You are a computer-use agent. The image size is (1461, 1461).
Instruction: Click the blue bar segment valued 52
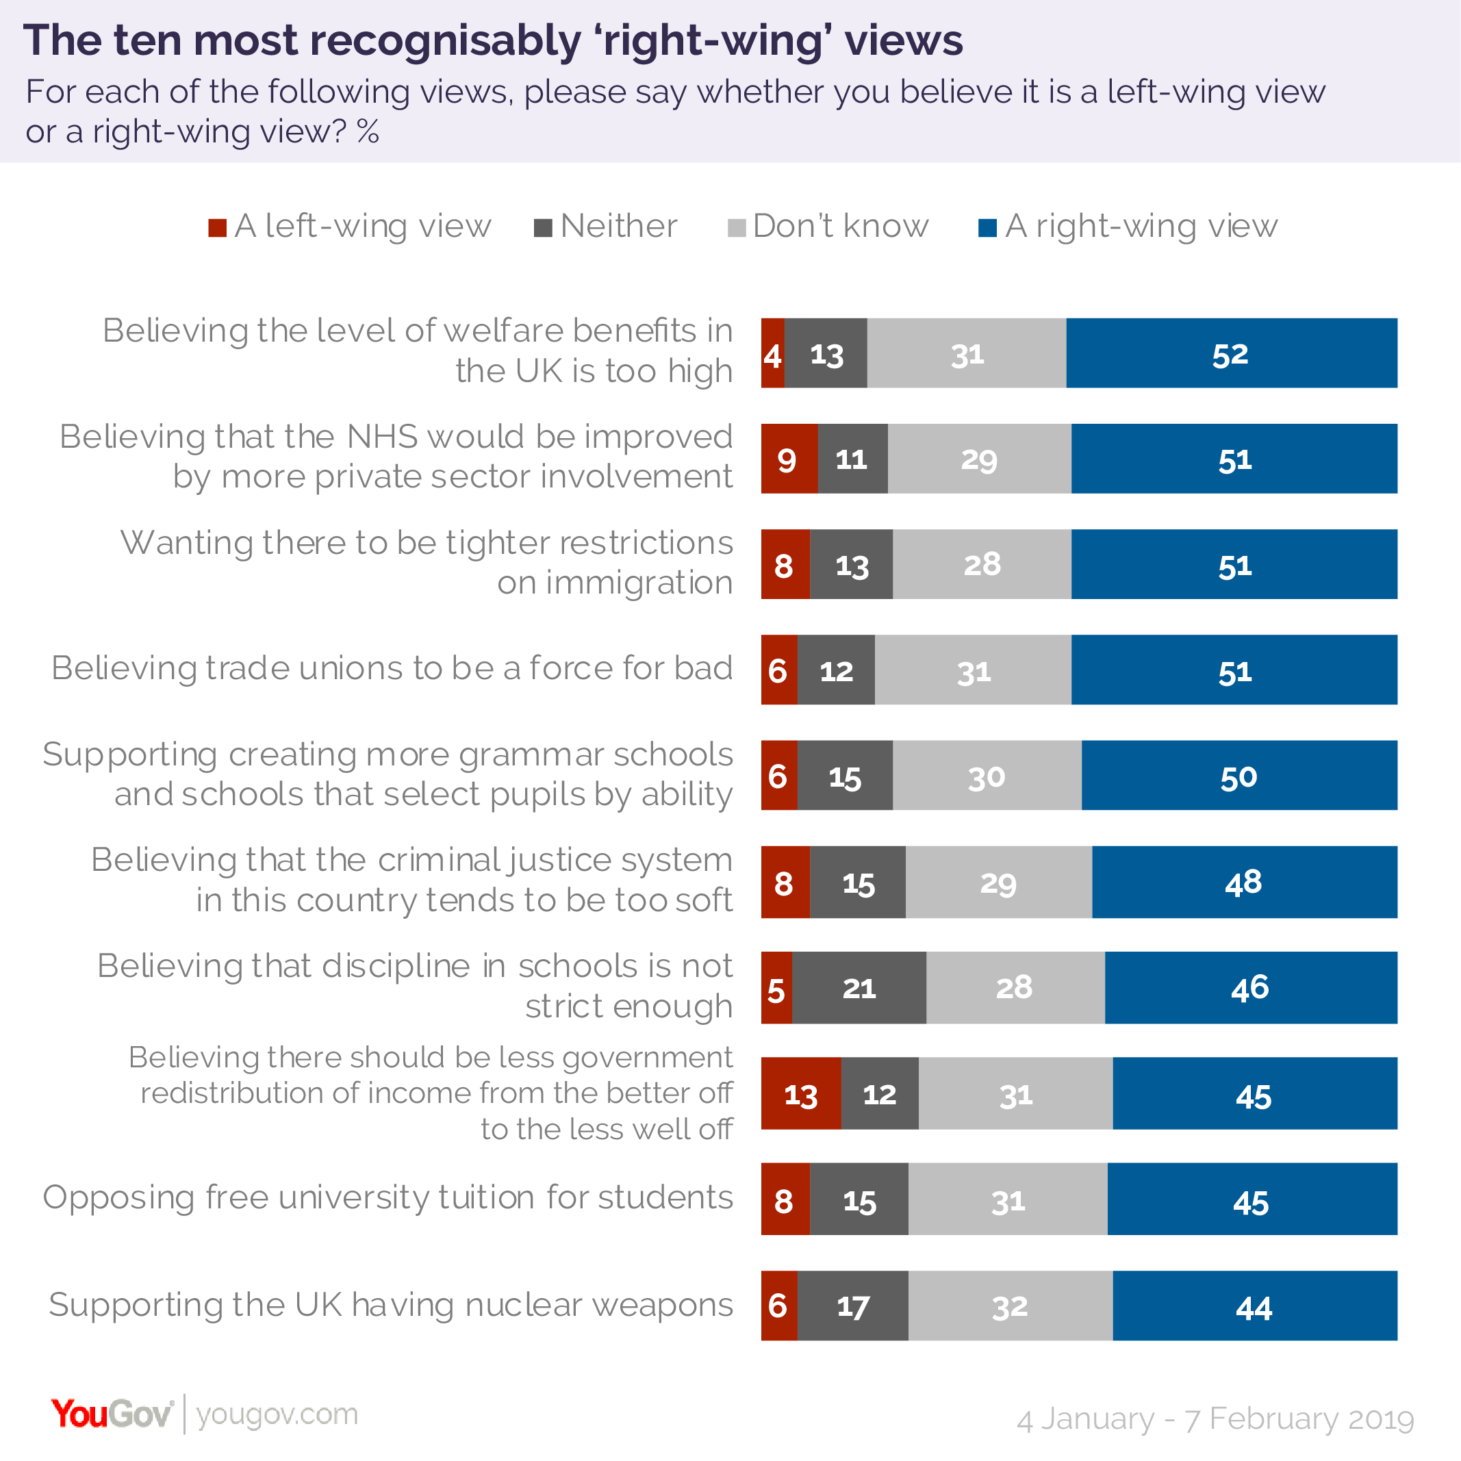[1231, 353]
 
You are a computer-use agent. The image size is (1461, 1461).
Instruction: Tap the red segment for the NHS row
[789, 459]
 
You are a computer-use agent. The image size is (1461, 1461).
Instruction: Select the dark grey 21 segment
[859, 988]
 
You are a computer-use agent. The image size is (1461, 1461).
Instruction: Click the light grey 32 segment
[1011, 1306]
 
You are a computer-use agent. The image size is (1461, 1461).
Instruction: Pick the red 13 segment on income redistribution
[801, 1093]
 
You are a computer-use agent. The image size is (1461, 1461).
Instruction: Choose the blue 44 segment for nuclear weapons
[1254, 1306]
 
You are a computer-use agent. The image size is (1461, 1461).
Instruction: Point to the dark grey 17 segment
[853, 1306]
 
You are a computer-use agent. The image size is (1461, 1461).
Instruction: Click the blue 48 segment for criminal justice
[1244, 882]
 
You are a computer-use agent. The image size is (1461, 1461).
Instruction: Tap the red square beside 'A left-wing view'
[218, 227]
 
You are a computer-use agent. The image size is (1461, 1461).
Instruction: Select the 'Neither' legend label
[619, 226]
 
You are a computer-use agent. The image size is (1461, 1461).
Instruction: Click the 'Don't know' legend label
[840, 226]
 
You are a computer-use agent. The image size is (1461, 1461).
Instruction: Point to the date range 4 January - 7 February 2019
[1215, 1419]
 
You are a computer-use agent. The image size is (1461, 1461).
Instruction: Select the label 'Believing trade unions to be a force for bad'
[392, 668]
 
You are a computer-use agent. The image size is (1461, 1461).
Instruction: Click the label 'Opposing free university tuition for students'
[388, 1198]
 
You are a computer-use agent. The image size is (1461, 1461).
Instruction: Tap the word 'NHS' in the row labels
[382, 437]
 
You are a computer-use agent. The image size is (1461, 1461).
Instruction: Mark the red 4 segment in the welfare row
[773, 353]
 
